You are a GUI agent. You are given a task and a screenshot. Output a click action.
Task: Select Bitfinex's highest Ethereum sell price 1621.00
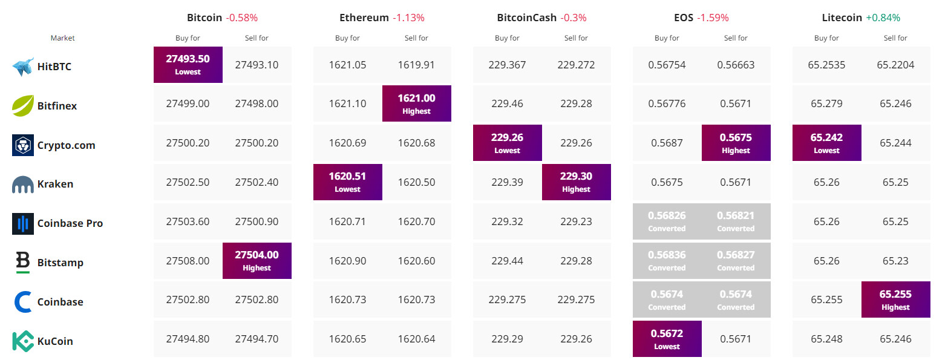tap(416, 103)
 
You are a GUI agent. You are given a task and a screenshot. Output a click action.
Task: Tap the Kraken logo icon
tap(23, 185)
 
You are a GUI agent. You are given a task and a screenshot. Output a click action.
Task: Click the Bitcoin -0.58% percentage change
tap(241, 18)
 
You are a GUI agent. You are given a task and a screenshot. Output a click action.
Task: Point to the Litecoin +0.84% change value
tap(883, 18)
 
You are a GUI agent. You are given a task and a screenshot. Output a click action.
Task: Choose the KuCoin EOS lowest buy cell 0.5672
tap(667, 339)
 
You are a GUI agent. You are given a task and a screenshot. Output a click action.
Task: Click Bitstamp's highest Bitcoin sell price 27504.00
tap(257, 261)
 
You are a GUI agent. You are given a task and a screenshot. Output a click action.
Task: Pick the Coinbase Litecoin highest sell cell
tap(895, 299)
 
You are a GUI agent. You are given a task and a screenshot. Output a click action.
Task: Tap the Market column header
tap(63, 38)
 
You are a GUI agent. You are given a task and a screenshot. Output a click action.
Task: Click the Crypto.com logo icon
tap(23, 145)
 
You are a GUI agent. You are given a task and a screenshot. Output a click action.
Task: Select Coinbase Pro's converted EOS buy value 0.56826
tap(667, 221)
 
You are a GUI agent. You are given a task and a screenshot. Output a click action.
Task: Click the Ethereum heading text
tap(364, 18)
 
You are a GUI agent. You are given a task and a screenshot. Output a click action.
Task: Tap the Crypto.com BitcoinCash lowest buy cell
tap(508, 143)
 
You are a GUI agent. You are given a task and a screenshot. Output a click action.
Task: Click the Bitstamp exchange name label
tap(60, 263)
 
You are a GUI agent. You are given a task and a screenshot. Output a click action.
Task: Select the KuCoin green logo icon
tap(23, 341)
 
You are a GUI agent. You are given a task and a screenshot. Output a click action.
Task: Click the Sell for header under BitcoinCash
tap(576, 38)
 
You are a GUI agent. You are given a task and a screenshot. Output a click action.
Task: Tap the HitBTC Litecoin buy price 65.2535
tap(826, 65)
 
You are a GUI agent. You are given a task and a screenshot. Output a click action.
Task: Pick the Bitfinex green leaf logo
tap(23, 105)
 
